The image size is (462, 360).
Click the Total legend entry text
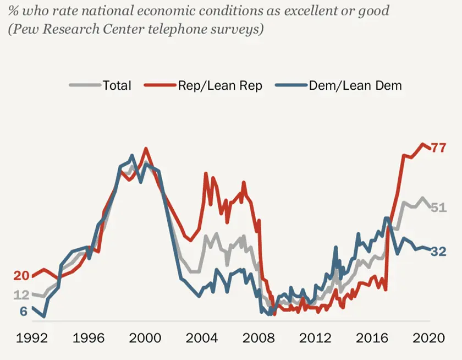pyautogui.click(x=117, y=85)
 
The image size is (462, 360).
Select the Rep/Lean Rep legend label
pyautogui.click(x=219, y=85)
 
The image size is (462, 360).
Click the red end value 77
pyautogui.click(x=438, y=149)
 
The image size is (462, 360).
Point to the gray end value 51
pyautogui.click(x=438, y=208)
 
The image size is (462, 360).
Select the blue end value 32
pyautogui.click(x=438, y=252)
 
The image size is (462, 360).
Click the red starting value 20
pyautogui.click(x=21, y=276)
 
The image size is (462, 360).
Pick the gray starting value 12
pyautogui.click(x=21, y=295)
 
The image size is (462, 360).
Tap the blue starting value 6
pyautogui.click(x=24, y=311)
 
